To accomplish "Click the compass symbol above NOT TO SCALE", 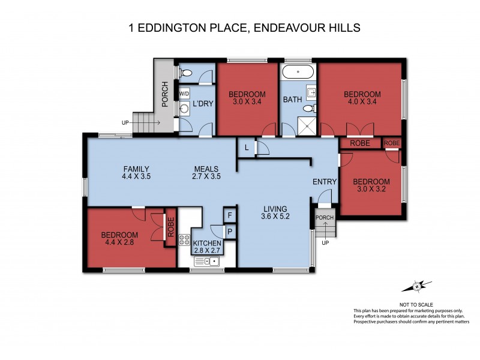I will click(x=418, y=287).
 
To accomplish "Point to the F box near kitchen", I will click(x=229, y=215).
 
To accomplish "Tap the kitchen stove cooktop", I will click(x=184, y=243).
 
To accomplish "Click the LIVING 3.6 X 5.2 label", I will click(x=276, y=214).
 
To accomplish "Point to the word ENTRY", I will click(x=325, y=182).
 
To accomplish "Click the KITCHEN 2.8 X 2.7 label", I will click(x=207, y=247).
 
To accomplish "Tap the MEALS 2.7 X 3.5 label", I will click(x=205, y=173).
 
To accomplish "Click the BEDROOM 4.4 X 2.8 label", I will click(x=119, y=239).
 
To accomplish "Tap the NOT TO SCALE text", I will click(x=418, y=304).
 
